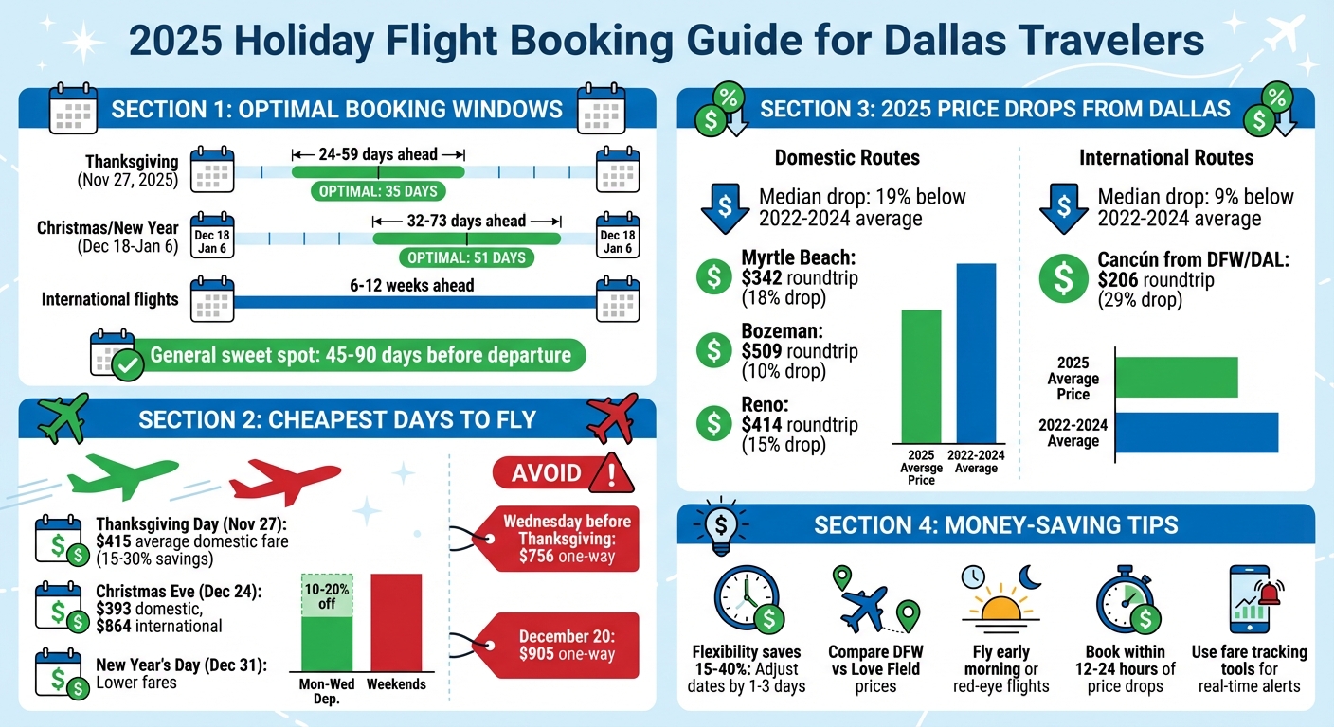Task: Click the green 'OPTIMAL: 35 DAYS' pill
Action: [x=379, y=192]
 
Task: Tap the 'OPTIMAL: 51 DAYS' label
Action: [x=466, y=257]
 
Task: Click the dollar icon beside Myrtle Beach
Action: [x=713, y=276]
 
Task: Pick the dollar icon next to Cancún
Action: [x=1064, y=279]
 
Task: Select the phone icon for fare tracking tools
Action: [x=1250, y=598]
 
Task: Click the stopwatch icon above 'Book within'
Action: [x=1125, y=602]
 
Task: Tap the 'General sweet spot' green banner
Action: [x=360, y=356]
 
